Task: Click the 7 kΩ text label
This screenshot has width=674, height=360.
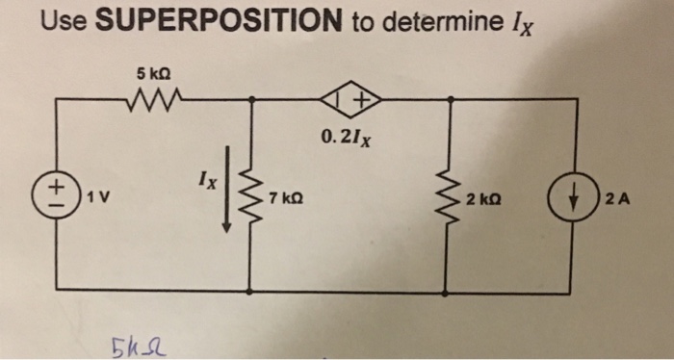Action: [x=287, y=198]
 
